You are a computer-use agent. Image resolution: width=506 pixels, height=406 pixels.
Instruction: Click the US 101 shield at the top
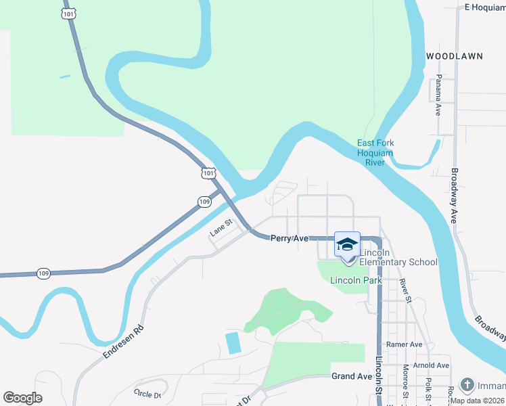click(x=68, y=14)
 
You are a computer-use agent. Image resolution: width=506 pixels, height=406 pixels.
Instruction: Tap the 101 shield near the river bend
click(x=209, y=174)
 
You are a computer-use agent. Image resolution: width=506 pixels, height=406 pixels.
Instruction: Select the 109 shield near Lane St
click(x=205, y=202)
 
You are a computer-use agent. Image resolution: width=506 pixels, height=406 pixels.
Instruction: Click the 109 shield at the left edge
click(x=44, y=273)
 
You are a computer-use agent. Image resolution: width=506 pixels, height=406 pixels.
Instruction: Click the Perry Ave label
click(x=290, y=239)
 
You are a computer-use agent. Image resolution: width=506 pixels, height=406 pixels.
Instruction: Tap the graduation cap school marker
click(x=347, y=245)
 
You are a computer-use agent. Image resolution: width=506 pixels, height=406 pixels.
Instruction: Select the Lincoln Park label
click(x=356, y=280)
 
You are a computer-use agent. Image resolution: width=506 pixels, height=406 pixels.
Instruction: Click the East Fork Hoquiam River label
click(x=375, y=152)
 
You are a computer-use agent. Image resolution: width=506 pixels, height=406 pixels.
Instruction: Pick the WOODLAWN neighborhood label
click(x=455, y=56)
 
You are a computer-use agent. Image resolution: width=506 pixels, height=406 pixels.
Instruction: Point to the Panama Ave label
click(x=438, y=94)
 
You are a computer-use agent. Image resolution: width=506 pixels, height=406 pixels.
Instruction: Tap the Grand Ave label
click(x=352, y=376)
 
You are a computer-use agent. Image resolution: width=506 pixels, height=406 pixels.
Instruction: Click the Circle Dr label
click(x=147, y=394)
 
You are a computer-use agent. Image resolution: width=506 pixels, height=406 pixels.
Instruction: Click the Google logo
click(x=23, y=398)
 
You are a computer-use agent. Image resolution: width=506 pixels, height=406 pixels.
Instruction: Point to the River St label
click(x=405, y=288)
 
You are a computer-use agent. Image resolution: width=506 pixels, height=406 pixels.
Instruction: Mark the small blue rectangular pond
click(x=232, y=342)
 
